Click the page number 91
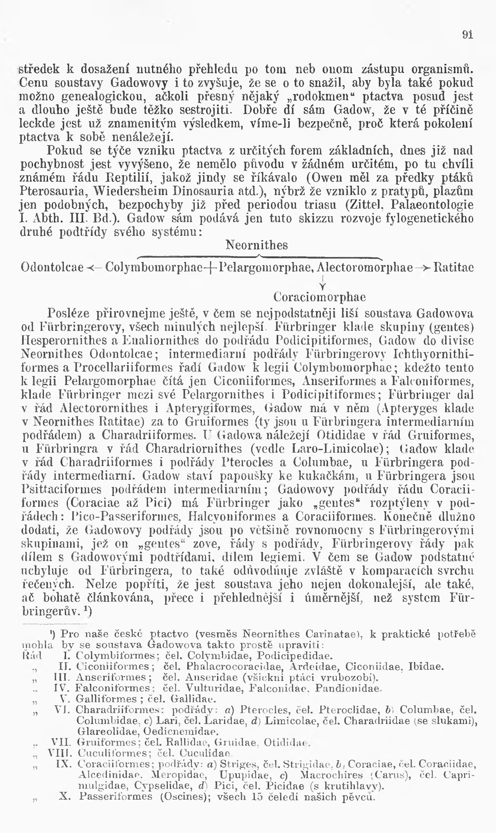pyautogui.click(x=468, y=35)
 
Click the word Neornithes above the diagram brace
pyautogui.click(x=256, y=245)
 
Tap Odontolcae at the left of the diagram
pyautogui.click(x=52, y=267)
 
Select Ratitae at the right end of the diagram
pyautogui.click(x=453, y=267)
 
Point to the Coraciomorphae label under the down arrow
pyautogui.click(x=319, y=297)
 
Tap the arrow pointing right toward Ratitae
pyautogui.click(x=422, y=267)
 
